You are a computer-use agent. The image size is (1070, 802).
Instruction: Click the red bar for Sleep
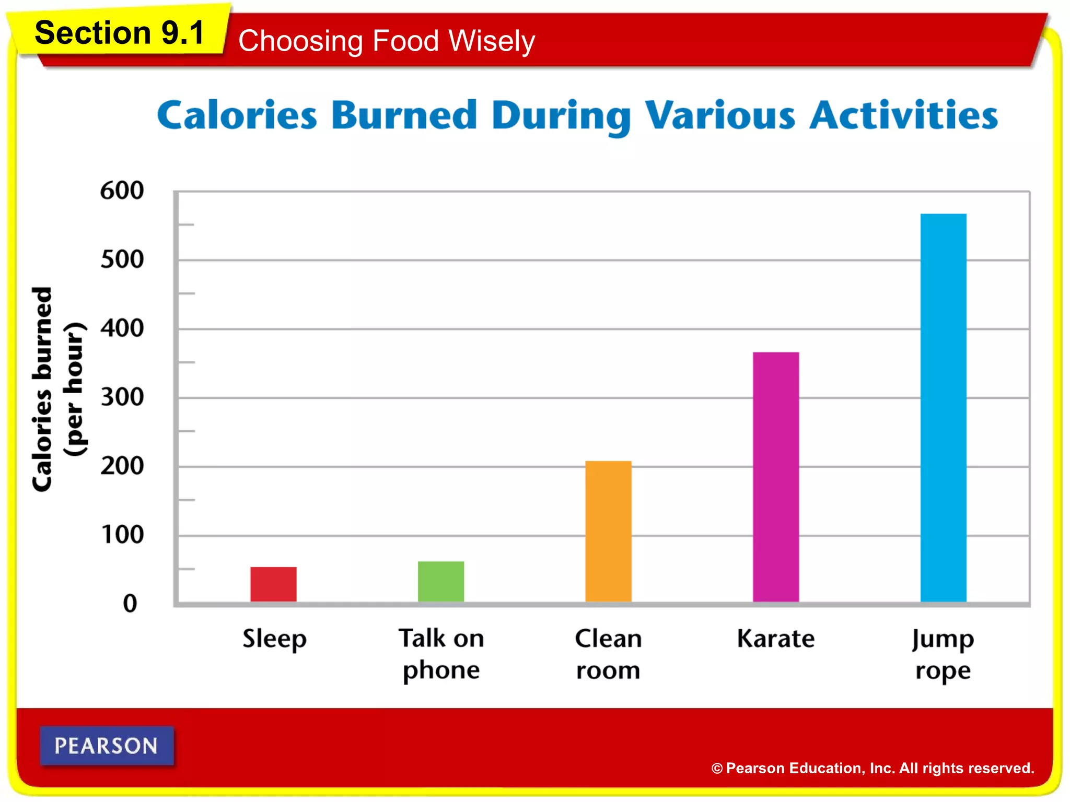[273, 584]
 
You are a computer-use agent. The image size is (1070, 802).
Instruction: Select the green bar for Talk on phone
[440, 581]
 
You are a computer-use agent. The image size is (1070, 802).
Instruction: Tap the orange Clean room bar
[608, 531]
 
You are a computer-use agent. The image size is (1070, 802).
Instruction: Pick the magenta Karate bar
[776, 477]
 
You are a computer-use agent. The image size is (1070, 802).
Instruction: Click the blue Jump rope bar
[943, 407]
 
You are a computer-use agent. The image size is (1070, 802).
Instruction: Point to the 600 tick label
[122, 191]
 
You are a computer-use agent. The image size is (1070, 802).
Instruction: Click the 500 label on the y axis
[122, 260]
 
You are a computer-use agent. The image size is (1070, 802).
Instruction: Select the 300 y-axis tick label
[122, 397]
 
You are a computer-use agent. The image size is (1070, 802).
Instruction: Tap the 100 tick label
[122, 535]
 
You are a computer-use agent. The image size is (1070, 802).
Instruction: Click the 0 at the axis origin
[130, 604]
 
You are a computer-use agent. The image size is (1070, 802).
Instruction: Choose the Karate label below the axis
[775, 639]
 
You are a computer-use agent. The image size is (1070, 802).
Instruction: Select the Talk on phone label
[441, 654]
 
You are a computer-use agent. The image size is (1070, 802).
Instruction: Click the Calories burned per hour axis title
[57, 389]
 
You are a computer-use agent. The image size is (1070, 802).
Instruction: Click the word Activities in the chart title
[903, 116]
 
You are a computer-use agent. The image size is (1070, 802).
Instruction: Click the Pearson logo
[107, 746]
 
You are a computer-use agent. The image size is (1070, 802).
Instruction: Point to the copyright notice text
[873, 768]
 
